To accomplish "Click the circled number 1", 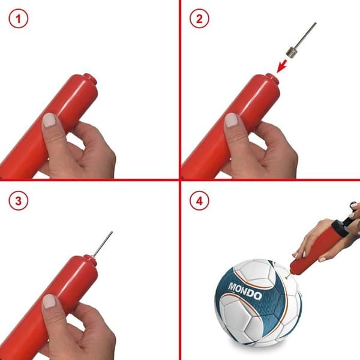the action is (19, 19).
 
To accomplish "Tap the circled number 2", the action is (199, 19).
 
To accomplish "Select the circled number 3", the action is (19, 201).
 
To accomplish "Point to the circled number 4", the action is (199, 201).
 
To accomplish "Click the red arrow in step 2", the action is (282, 66).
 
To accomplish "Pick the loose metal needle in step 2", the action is (301, 40).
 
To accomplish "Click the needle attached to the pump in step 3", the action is (102, 245).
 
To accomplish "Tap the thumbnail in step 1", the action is (50, 120).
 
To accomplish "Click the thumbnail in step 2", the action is (231, 120).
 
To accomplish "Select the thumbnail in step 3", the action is (49, 301).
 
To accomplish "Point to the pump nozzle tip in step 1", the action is (90, 79).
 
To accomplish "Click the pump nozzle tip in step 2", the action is (272, 79).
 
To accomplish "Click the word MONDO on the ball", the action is (245, 291).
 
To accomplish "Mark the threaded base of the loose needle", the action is (290, 52).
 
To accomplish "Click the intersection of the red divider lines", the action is (180, 179).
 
